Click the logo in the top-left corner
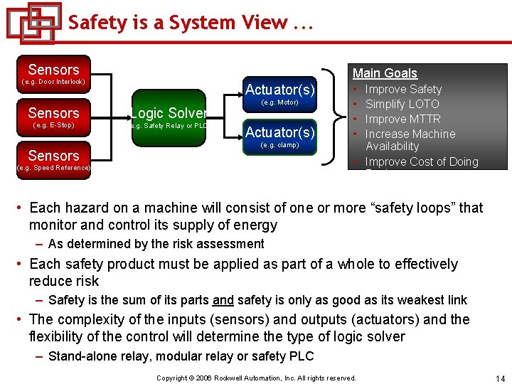(33, 23)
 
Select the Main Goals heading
(385, 73)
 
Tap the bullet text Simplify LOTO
(402, 104)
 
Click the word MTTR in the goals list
(425, 119)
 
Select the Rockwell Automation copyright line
(256, 378)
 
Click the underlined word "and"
(223, 300)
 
